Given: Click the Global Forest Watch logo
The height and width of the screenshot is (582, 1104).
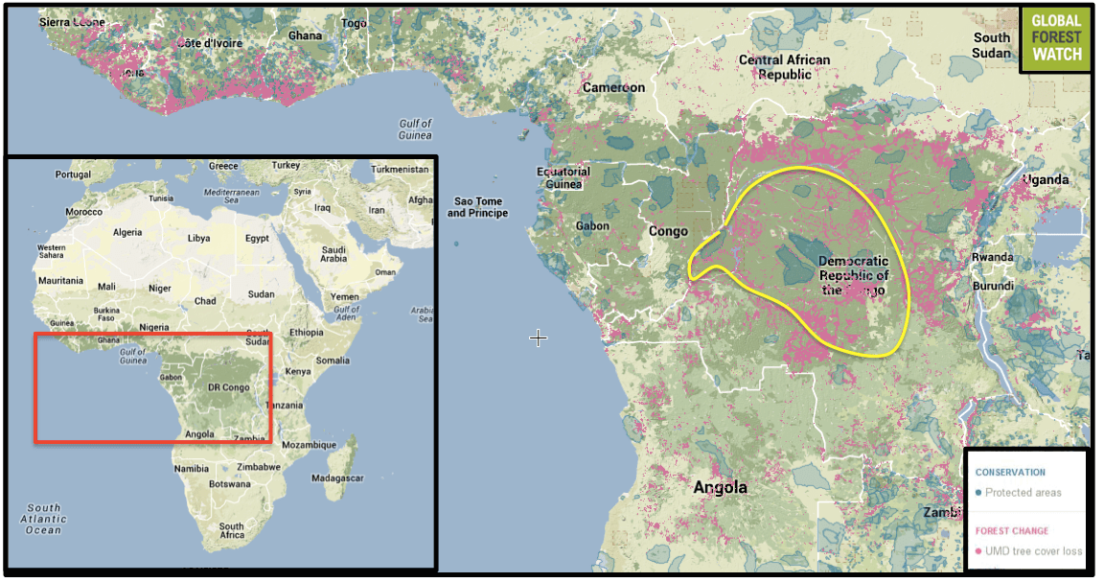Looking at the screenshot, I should click(x=1056, y=39).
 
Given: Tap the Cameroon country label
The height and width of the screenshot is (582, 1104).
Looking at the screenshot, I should click(x=613, y=87).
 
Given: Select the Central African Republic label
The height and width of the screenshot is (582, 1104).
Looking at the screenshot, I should click(x=784, y=66).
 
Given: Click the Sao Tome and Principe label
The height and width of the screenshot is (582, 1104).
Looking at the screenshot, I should click(x=477, y=207).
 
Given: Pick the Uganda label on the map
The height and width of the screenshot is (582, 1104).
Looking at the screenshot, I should click(x=1046, y=180).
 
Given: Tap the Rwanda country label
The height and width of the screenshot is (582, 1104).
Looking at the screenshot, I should click(x=992, y=257).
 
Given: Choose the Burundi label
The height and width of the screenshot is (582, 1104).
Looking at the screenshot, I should click(x=993, y=286).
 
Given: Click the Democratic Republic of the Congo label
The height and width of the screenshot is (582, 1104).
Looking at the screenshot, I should click(x=853, y=276).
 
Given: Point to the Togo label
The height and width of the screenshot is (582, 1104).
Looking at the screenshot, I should click(x=355, y=23).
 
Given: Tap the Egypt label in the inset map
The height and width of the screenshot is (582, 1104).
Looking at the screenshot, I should click(x=257, y=238).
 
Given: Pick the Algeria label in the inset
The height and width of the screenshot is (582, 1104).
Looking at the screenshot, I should click(x=127, y=232).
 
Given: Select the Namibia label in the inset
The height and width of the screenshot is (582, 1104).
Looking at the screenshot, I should click(x=191, y=468).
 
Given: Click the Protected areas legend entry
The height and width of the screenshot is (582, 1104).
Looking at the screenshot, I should click(x=1023, y=493).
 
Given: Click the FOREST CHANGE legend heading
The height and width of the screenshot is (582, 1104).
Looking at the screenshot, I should click(x=1011, y=530).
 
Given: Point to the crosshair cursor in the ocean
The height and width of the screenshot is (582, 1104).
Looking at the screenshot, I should click(x=539, y=338).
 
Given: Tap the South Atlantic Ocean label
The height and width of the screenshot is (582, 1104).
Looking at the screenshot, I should click(x=44, y=519).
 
